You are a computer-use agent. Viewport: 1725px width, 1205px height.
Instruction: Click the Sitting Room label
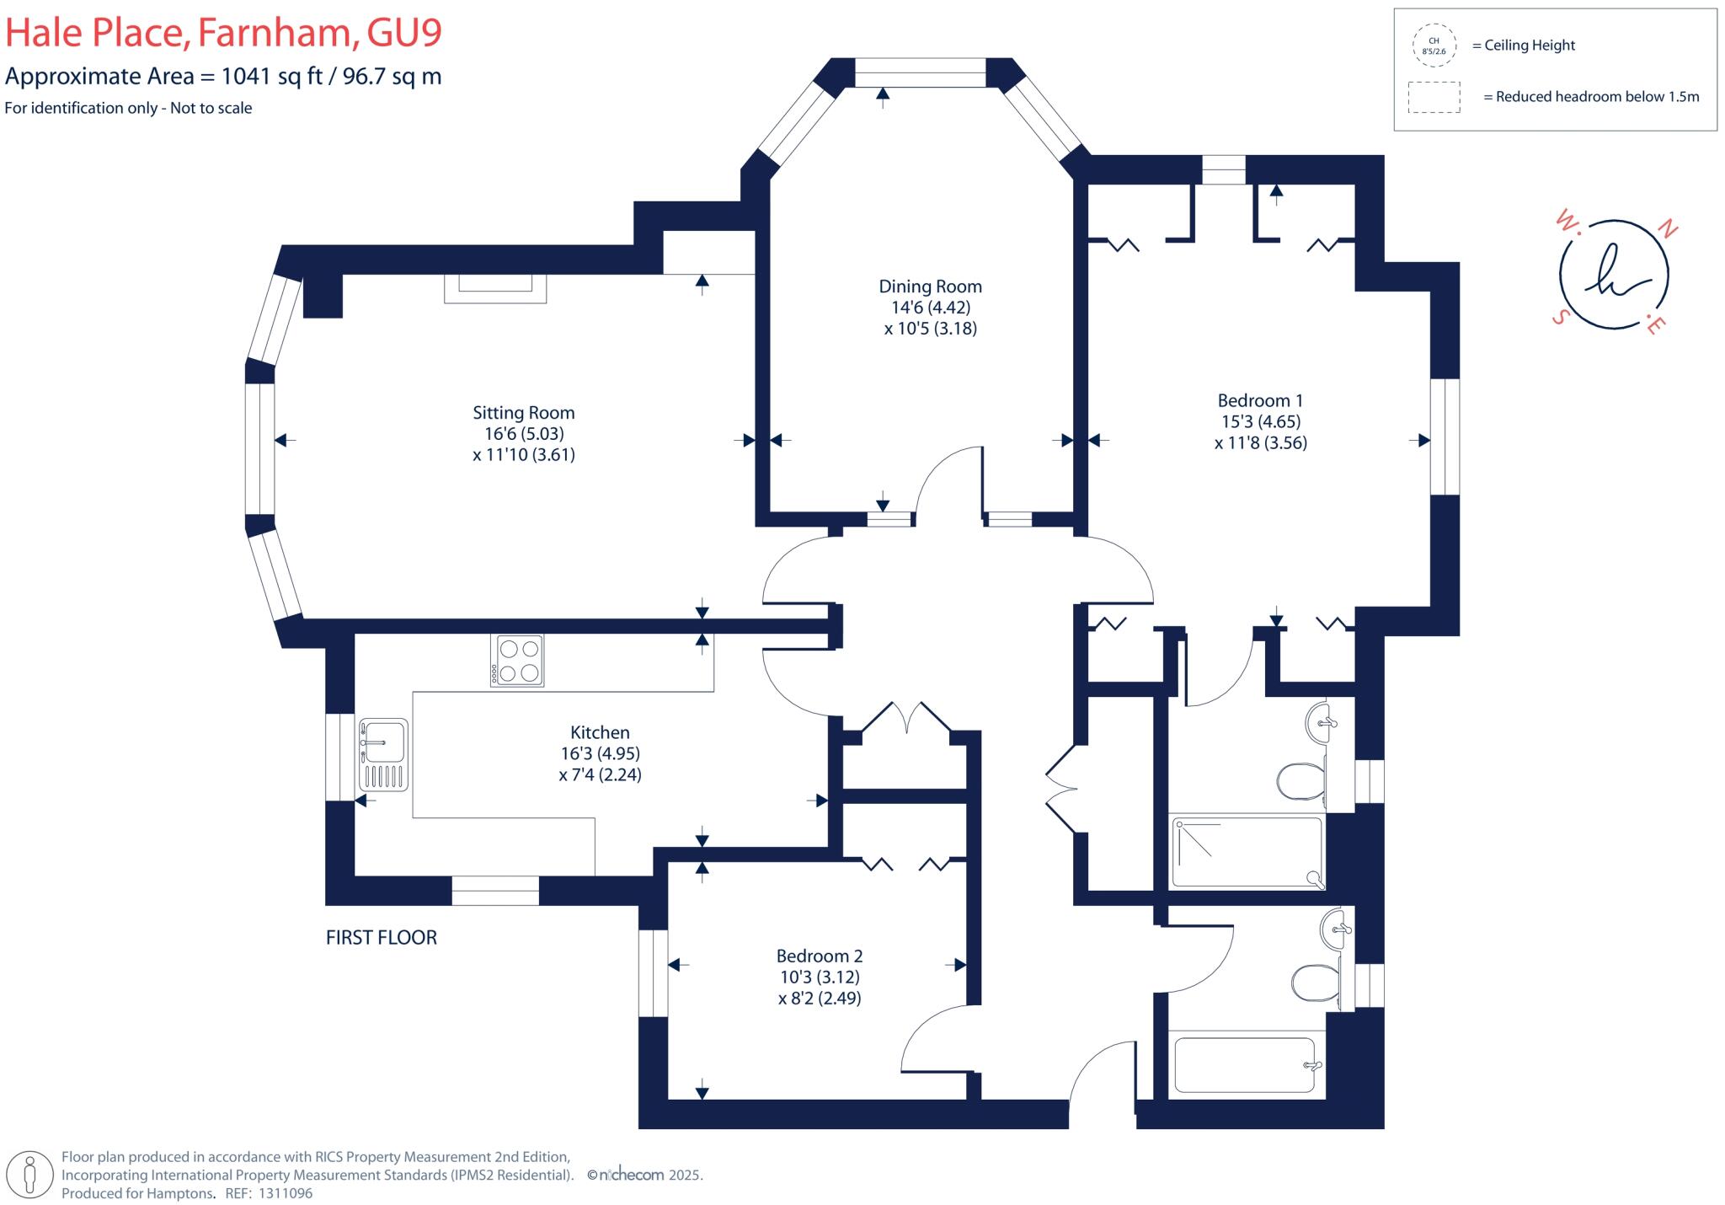[523, 413]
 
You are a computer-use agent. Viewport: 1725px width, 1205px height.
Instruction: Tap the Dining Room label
[930, 287]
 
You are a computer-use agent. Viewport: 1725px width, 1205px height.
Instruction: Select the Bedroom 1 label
[1260, 400]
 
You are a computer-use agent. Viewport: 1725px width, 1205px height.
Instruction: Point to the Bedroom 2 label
[819, 956]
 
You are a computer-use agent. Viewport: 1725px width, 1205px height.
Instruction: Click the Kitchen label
[600, 732]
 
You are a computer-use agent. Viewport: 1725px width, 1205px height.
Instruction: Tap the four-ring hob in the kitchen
[517, 661]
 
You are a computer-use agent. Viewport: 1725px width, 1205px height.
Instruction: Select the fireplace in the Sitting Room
[495, 287]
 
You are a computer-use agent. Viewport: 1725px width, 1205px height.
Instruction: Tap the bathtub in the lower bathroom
[1244, 1065]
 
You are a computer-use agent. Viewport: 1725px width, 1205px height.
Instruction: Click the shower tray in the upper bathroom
[1247, 852]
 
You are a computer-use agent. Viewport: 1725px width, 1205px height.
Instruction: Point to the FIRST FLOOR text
[381, 937]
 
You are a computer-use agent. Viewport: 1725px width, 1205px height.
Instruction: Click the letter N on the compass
[1667, 228]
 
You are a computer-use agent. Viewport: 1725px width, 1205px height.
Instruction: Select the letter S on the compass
[1560, 317]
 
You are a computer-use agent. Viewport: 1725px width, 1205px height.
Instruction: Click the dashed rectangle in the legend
[1434, 97]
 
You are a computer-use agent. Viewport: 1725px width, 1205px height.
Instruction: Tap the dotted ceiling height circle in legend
[1434, 46]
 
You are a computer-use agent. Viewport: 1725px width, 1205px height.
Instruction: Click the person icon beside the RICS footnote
[31, 1175]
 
